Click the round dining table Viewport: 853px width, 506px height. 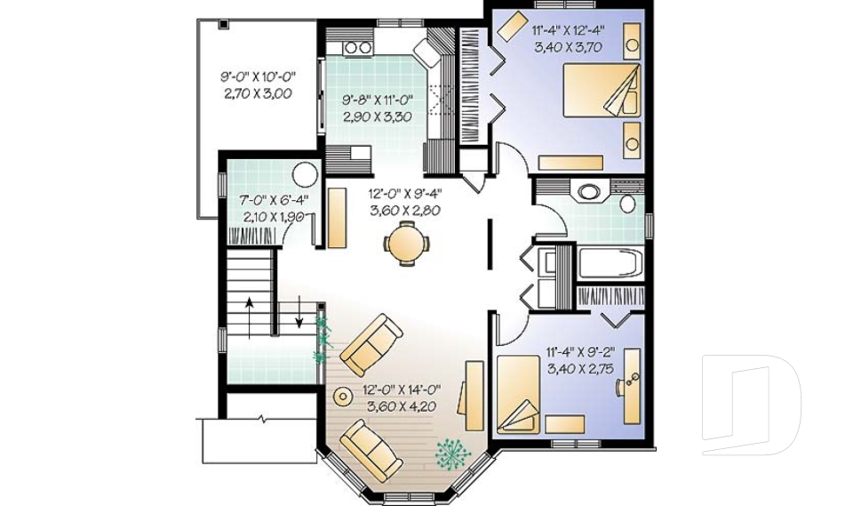406,243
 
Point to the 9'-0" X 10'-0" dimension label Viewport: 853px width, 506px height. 258,76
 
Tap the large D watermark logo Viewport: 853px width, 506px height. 751,405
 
